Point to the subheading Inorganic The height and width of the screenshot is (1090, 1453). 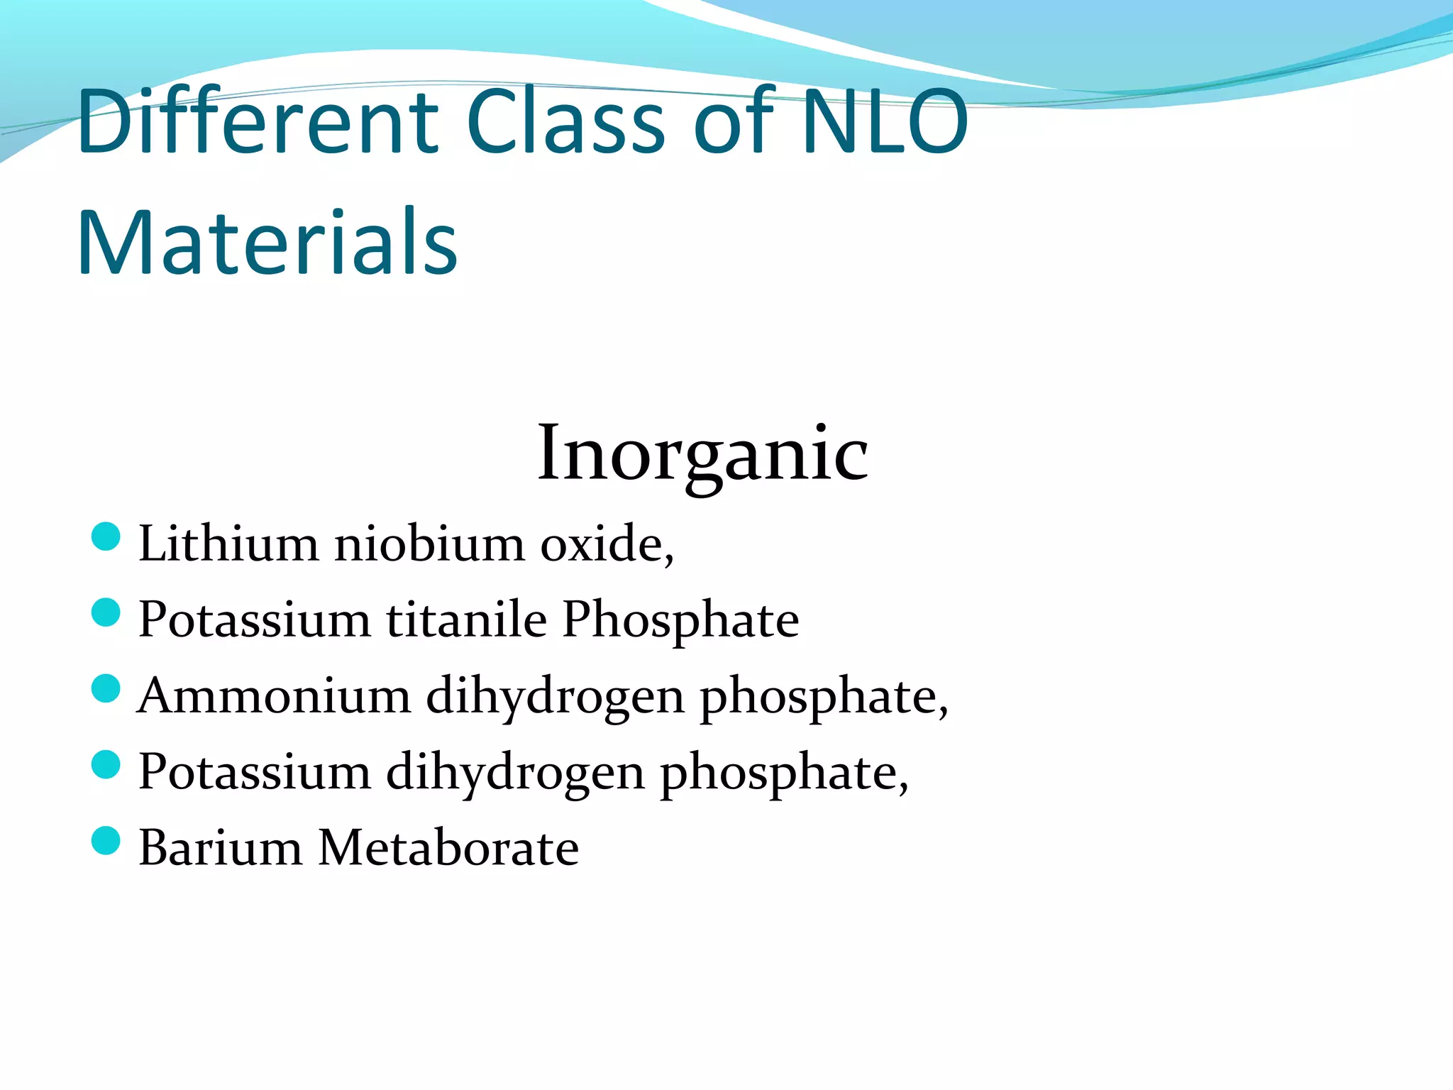coord(702,452)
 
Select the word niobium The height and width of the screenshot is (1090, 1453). coord(429,544)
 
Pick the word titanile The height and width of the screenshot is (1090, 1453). coord(466,620)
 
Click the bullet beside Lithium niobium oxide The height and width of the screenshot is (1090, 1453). coord(106,536)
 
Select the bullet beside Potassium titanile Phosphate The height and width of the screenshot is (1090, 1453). coord(106,612)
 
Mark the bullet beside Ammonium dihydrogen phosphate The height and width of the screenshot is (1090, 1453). coord(106,688)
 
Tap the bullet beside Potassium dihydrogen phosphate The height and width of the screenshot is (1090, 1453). coord(106,765)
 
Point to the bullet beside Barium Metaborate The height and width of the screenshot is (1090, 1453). coord(106,841)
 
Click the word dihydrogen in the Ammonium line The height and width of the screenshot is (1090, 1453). coord(555,697)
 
